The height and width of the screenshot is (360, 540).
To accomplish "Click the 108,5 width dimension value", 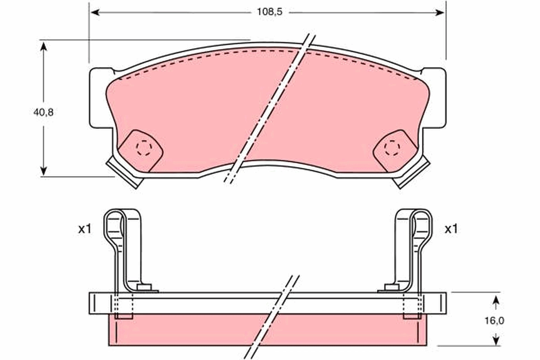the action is click(x=270, y=12).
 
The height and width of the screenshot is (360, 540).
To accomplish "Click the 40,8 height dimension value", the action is click(x=43, y=112).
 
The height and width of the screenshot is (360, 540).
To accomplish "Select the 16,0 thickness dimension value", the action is click(x=495, y=321).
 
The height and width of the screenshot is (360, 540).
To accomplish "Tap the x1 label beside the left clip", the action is click(x=85, y=229).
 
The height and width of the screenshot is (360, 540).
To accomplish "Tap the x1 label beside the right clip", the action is click(x=451, y=229).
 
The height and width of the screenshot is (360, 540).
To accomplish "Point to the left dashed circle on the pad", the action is click(x=144, y=148).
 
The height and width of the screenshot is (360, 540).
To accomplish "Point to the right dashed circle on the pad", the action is click(x=392, y=148).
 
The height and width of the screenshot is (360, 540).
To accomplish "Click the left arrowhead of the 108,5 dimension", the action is click(x=95, y=12).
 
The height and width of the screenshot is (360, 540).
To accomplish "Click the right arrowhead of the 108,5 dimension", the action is click(x=440, y=12).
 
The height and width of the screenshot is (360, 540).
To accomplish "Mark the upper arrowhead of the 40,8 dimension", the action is click(x=43, y=46).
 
